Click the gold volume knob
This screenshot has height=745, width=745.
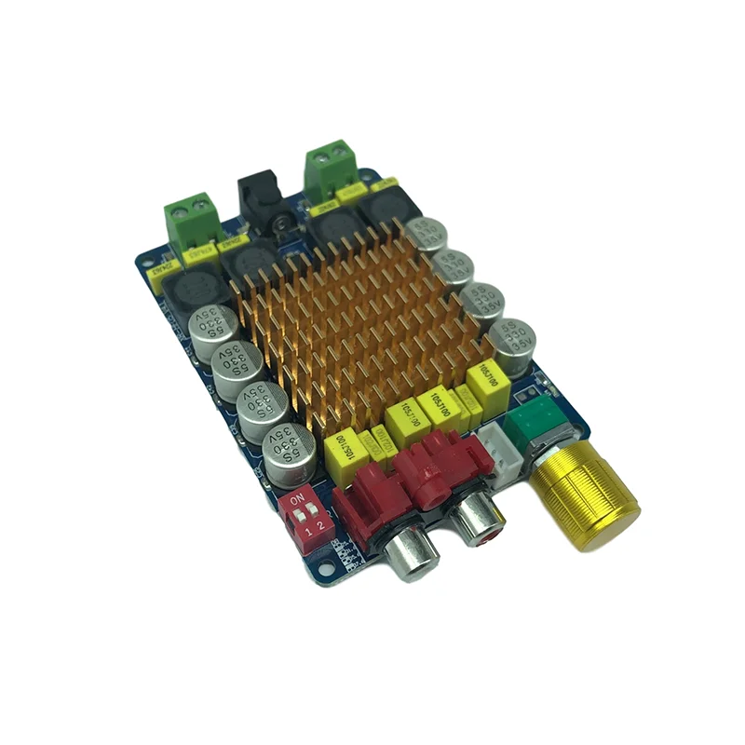coord(586,500)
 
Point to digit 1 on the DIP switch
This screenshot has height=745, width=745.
coord(308,532)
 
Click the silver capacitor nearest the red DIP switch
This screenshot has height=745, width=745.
coord(287,454)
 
